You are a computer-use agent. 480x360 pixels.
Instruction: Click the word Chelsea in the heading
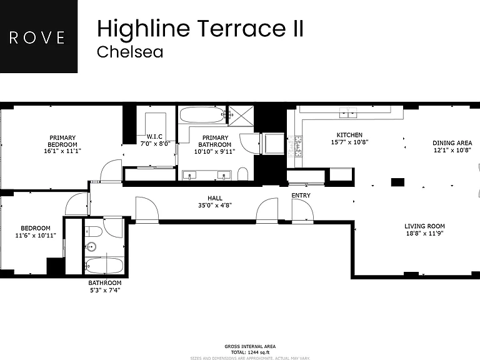pos(130,52)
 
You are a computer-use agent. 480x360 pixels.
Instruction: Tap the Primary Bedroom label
pos(62,141)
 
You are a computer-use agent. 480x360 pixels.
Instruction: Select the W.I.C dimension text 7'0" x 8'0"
pos(155,143)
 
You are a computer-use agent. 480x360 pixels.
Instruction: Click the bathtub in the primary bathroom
pos(202,115)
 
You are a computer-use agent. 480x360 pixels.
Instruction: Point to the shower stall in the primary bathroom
pos(241,116)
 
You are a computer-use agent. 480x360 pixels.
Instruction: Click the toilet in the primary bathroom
pos(242,174)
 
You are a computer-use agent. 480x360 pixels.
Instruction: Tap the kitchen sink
pos(348,113)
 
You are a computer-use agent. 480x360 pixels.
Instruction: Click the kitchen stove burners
pos(295,146)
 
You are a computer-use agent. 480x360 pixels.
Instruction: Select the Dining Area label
pos(452,143)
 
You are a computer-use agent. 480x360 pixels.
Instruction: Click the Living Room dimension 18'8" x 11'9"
pos(424,233)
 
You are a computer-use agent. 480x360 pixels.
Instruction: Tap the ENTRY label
pos(301,195)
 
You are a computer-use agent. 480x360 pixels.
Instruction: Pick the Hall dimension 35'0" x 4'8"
pos(215,205)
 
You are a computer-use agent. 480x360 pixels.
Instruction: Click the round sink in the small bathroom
pos(91,246)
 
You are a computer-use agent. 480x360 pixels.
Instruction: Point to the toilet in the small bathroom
pos(93,232)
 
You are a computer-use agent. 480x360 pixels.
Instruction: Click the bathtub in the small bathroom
pos(104,266)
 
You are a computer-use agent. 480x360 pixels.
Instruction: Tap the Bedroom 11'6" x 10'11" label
pos(36,232)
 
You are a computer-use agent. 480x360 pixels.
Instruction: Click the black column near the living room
pos(397,182)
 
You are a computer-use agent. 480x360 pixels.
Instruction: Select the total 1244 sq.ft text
pos(250,352)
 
